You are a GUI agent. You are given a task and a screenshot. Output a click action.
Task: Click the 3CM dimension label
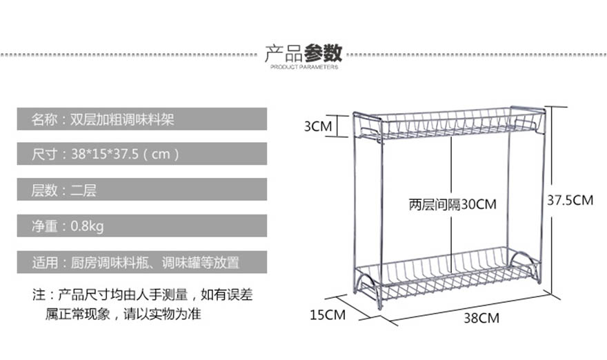point(319,126)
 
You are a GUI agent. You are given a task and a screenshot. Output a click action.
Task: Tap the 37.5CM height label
point(570,201)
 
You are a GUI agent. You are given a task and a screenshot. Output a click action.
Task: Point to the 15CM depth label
point(327,315)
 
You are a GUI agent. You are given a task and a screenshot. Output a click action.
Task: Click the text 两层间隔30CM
point(452,204)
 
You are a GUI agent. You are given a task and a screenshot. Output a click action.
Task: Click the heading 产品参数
point(303,52)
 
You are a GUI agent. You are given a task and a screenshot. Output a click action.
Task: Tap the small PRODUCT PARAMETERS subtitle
point(303,68)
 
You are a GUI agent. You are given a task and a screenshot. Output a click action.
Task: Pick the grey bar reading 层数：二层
point(141,190)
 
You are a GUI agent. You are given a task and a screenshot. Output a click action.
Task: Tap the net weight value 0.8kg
point(88,226)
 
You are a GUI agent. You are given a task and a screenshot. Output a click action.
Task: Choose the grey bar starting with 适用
point(141,262)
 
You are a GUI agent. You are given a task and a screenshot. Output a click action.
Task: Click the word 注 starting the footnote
point(39,295)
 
